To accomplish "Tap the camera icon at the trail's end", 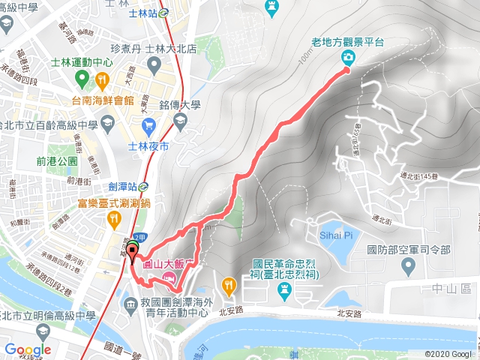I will tap(348, 57).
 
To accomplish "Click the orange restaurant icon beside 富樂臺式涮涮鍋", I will tap(114, 218).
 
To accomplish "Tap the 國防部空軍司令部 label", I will tap(408, 249).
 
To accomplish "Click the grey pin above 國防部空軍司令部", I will tap(408, 265).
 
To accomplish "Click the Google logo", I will tap(28, 349).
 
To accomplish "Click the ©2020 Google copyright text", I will tap(451, 354).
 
